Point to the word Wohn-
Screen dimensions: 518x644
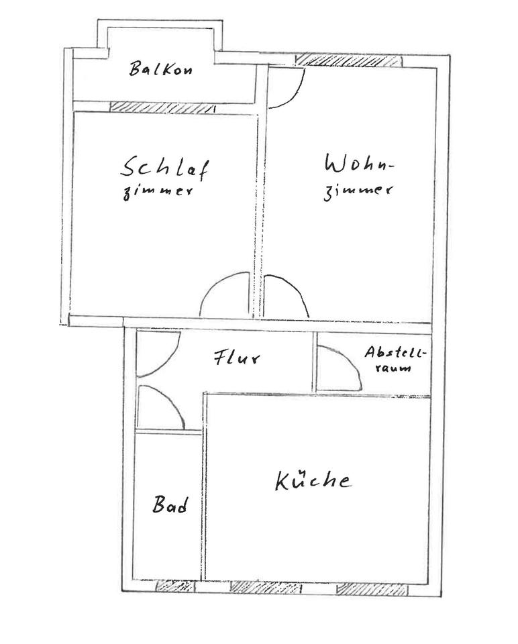click(x=358, y=164)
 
